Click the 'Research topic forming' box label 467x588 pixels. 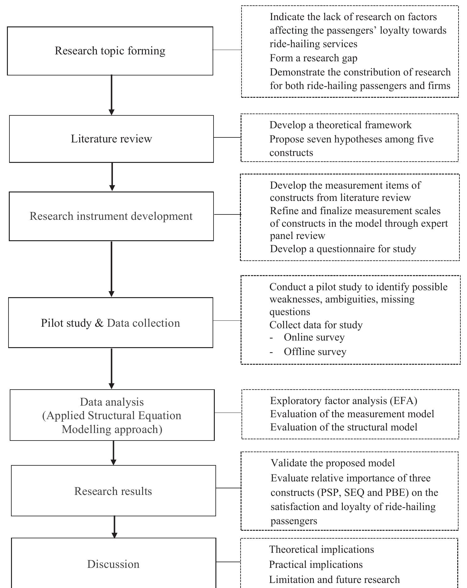110,51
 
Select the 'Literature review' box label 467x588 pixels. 111,139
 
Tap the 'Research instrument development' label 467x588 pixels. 111,216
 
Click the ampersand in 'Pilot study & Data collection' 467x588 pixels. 99,323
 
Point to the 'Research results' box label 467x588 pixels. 113,491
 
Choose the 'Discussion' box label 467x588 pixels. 113,564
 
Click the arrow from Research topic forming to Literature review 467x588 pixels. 111,94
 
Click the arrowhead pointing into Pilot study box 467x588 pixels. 111,294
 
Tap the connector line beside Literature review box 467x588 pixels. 227,137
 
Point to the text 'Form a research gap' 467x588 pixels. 313,58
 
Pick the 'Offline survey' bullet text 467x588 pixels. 315,352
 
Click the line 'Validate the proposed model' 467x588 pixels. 332,463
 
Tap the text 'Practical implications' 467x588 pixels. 316,565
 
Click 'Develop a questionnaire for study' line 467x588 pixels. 343,249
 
